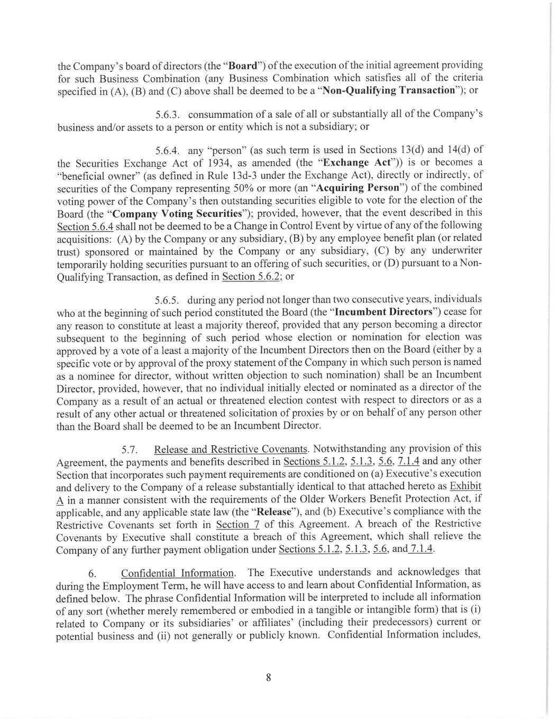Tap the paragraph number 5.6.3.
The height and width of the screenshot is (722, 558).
[169, 115]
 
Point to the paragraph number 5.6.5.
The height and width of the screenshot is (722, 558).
[168, 300]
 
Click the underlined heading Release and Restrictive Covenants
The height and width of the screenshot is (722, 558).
[231, 450]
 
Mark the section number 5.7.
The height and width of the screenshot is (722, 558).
[130, 450]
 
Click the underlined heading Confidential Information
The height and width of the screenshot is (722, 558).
[178, 573]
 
